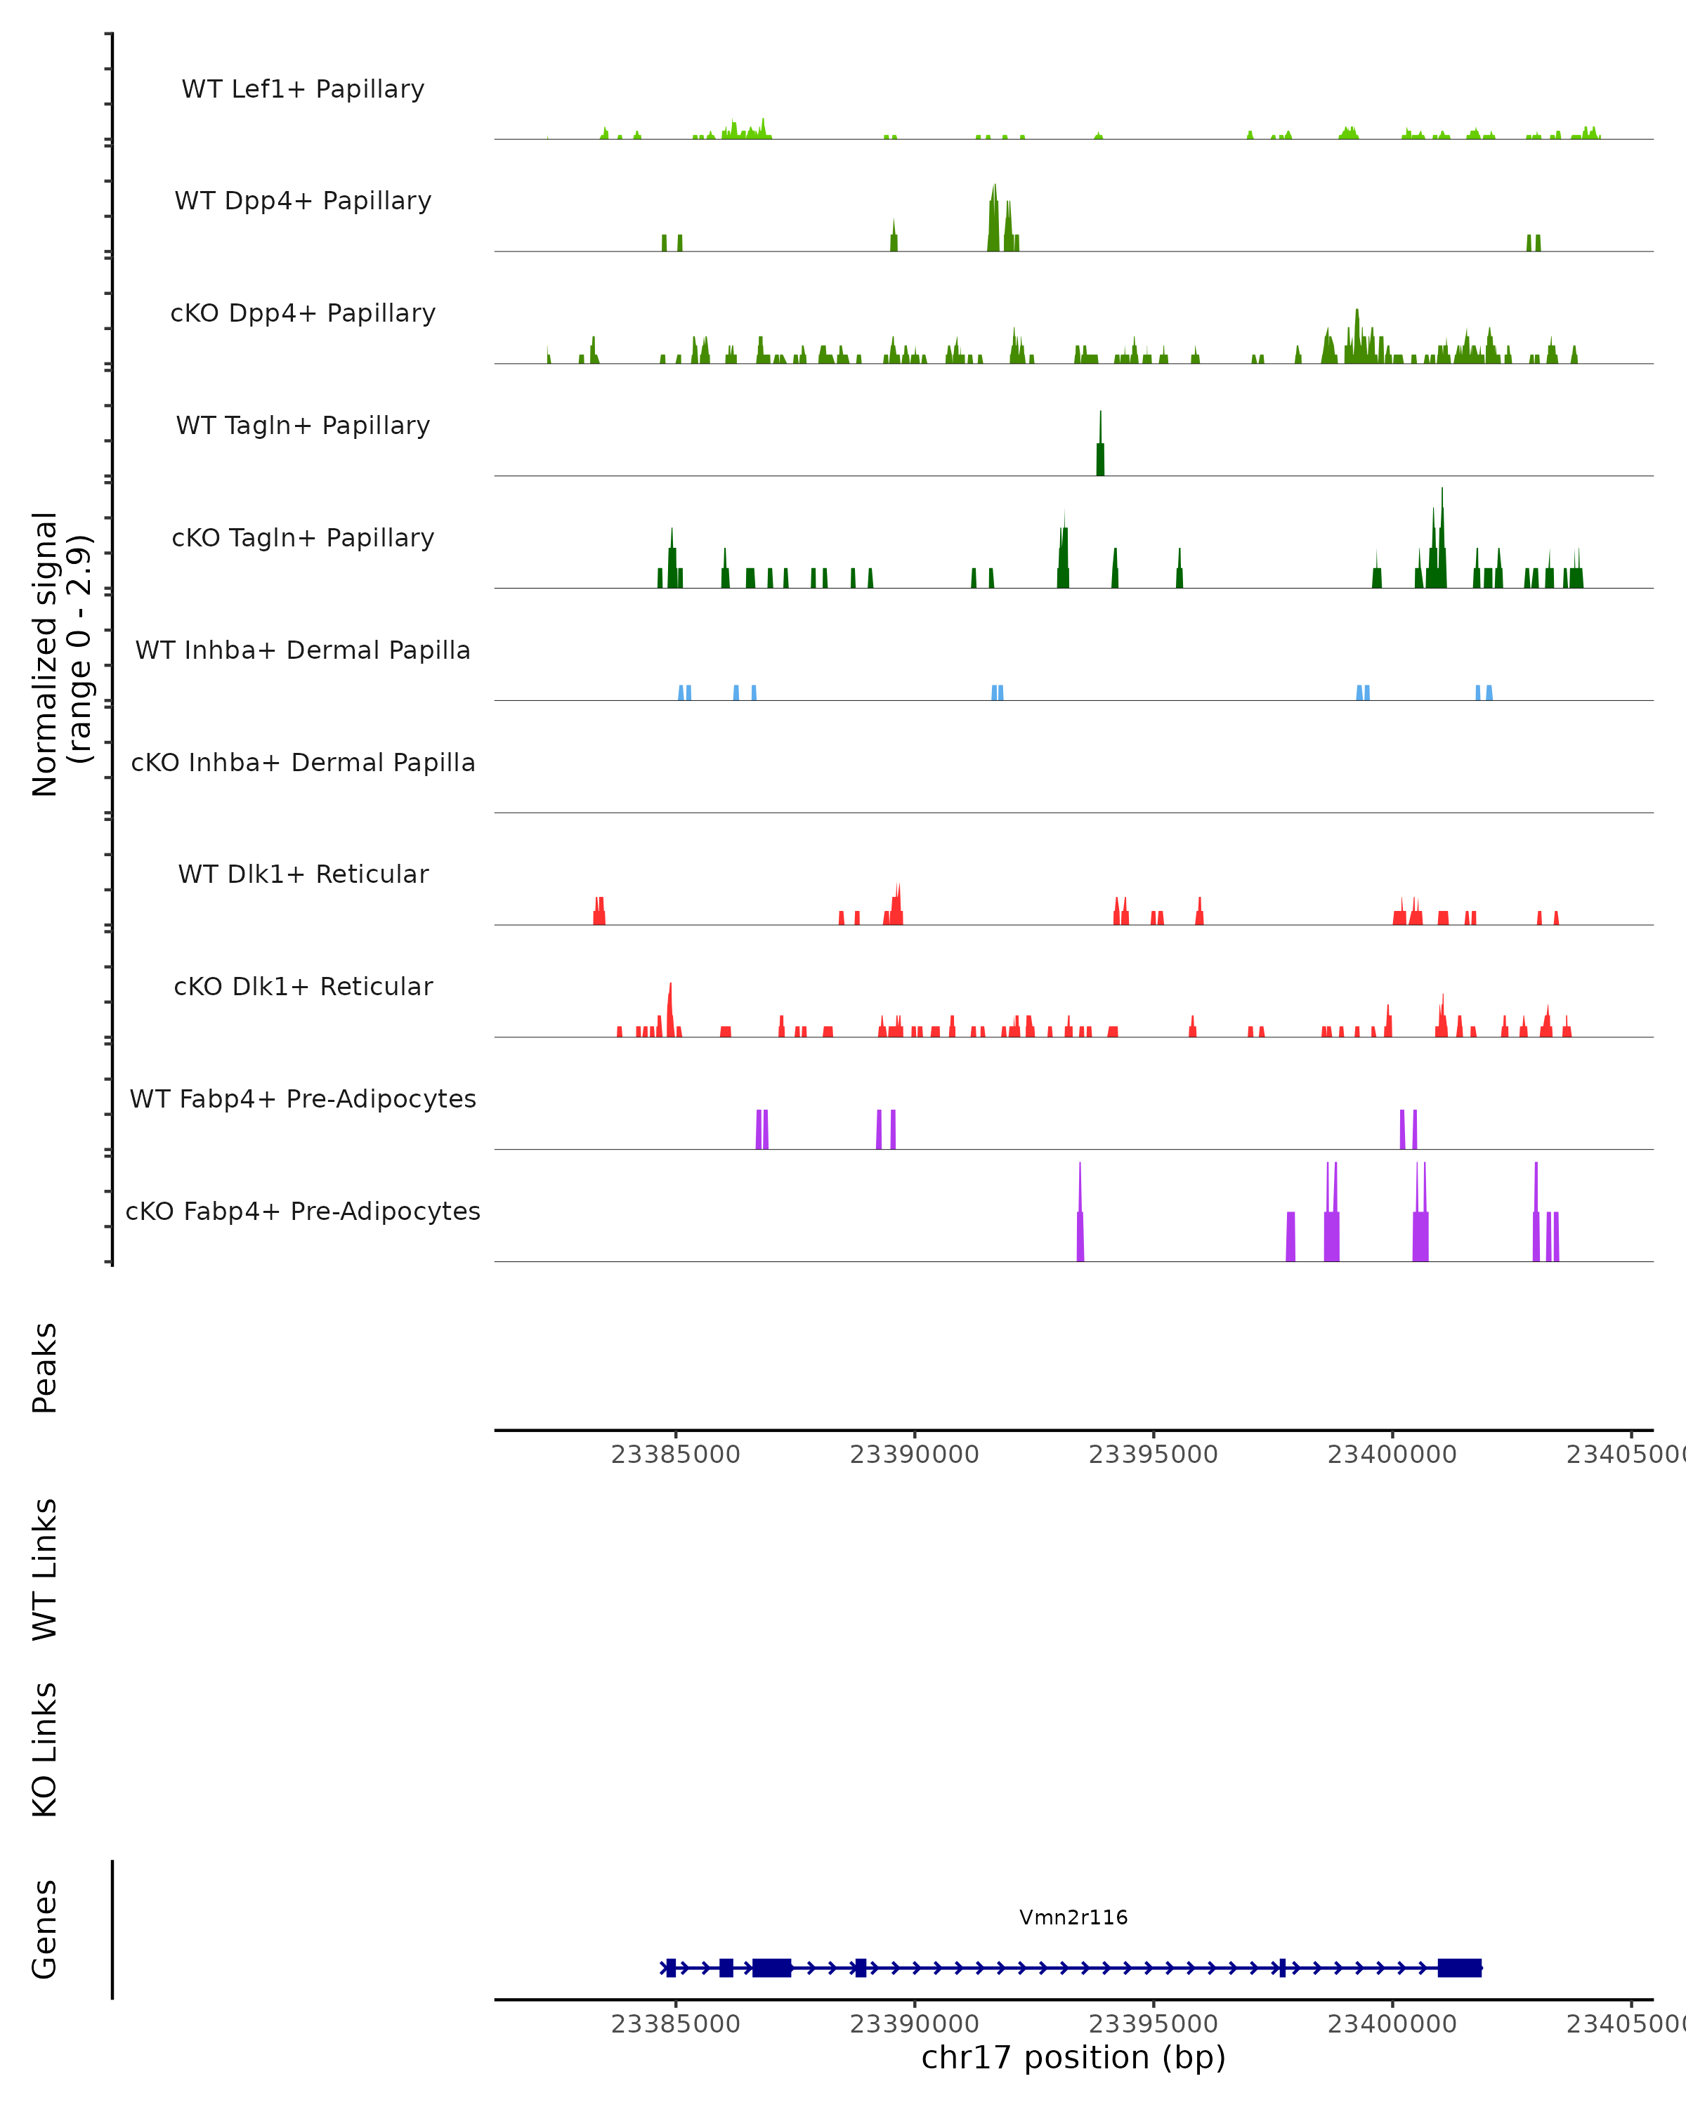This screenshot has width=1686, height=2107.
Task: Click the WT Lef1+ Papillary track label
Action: [x=303, y=89]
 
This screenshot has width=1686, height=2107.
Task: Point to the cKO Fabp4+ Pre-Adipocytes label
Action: [x=303, y=1211]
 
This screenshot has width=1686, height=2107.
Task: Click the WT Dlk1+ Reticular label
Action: [x=303, y=874]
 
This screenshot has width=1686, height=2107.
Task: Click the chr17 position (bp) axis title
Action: [x=1073, y=2057]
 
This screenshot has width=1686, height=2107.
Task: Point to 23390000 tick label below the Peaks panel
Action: [x=914, y=1455]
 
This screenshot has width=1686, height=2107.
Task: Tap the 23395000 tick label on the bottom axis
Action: [x=1154, y=2024]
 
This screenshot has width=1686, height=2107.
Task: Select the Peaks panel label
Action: [x=45, y=1367]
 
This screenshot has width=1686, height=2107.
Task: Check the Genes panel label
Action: [x=45, y=1928]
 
